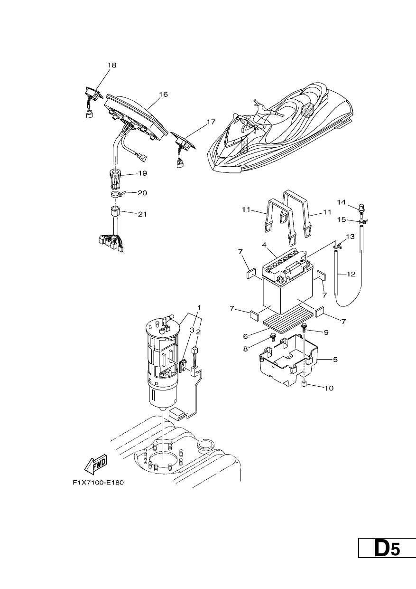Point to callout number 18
tap(112, 65)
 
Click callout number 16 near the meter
tap(163, 94)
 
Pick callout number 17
tap(211, 122)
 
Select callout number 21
tap(142, 214)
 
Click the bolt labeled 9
tap(304, 328)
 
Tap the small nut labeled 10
tap(305, 384)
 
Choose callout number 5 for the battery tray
tap(335, 360)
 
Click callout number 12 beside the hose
tap(351, 274)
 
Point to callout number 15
tap(342, 219)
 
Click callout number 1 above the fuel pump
tap(199, 307)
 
